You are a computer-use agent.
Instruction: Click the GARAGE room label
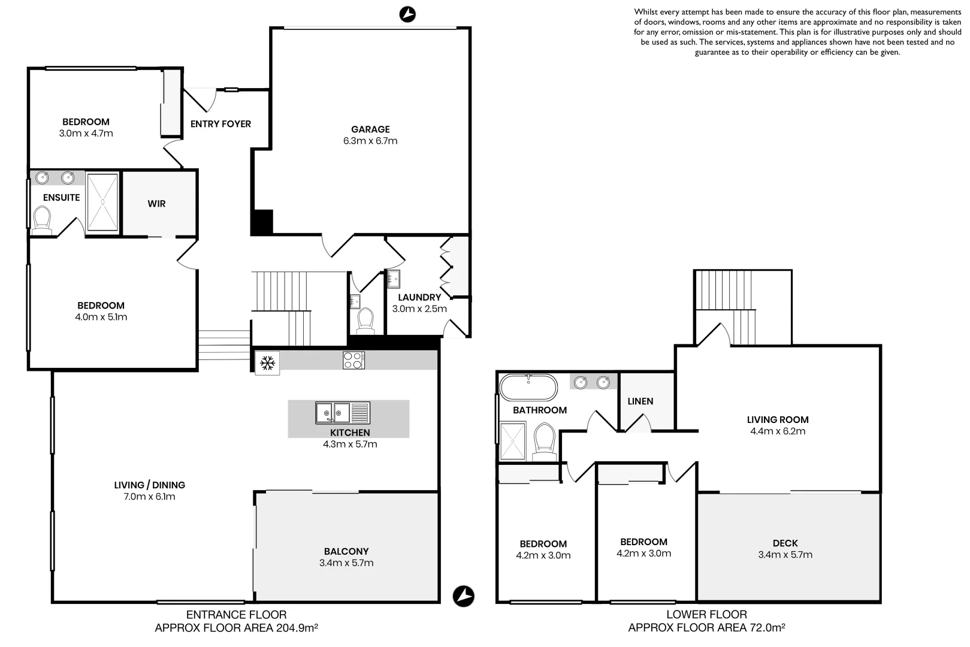click(x=370, y=129)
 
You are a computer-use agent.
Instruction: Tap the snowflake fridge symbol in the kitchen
click(x=267, y=362)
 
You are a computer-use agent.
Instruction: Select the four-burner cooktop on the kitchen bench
click(x=353, y=360)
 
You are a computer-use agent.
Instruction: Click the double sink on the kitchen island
click(x=334, y=413)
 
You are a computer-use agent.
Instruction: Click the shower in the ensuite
click(x=102, y=202)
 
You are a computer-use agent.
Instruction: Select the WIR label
click(x=156, y=204)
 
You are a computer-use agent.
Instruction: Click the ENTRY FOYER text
click(x=220, y=124)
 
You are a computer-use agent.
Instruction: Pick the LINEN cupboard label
click(x=640, y=401)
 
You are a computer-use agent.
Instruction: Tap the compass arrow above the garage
click(x=407, y=14)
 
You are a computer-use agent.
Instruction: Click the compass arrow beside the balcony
click(x=463, y=596)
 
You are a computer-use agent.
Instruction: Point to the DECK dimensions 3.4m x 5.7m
click(x=785, y=555)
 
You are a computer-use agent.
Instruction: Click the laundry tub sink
click(x=393, y=279)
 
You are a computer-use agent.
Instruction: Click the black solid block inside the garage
click(x=262, y=222)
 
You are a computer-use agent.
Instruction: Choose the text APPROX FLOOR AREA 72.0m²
click(x=706, y=628)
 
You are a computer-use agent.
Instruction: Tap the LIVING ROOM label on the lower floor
click(x=777, y=420)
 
